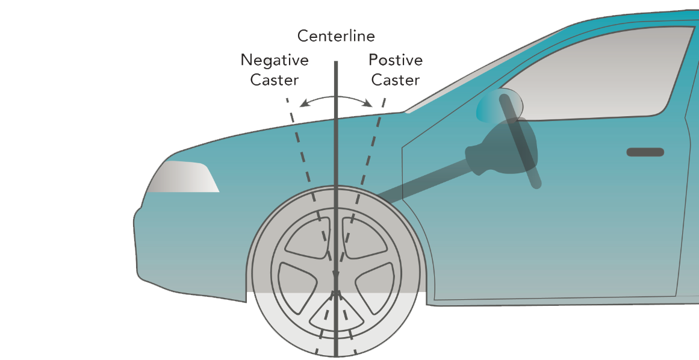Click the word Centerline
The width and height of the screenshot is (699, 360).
coord(336,36)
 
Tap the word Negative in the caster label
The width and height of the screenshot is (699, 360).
coord(275,60)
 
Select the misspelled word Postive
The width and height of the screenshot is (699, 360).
coord(396,60)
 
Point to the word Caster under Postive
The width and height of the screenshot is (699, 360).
coord(396,80)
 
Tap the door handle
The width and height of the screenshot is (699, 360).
coord(645,152)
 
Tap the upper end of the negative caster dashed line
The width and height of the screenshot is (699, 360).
coord(288,99)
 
